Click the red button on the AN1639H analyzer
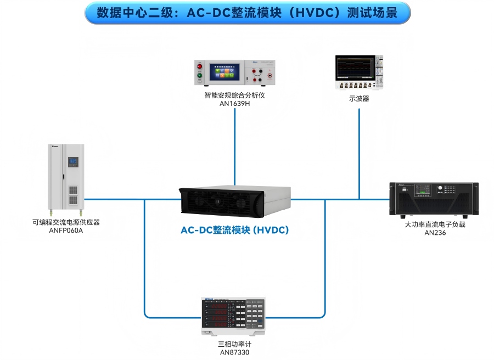199,66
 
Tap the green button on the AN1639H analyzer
199,75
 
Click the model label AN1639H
234,103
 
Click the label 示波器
359,99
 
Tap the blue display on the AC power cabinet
73,162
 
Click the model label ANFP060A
66,230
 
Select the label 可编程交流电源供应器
66,222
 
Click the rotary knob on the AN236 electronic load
440,190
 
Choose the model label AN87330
234,352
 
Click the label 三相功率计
234,344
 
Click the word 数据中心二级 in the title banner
130,13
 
